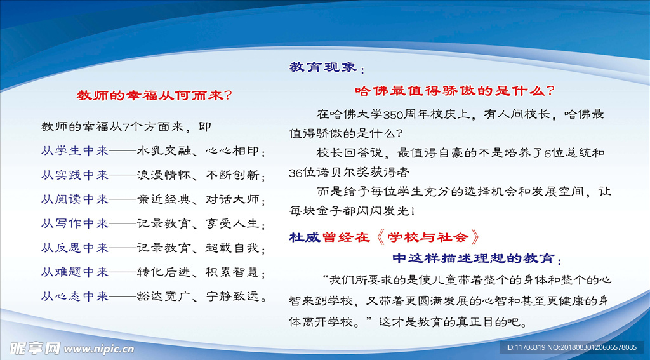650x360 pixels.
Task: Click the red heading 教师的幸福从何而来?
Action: point(154,96)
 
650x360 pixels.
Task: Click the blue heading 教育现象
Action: point(323,67)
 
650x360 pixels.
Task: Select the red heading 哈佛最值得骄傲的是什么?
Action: point(454,90)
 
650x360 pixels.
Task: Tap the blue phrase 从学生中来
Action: point(75,151)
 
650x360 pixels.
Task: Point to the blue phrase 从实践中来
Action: point(75,175)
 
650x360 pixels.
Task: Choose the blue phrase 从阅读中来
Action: point(75,199)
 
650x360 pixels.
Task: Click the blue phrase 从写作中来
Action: point(75,224)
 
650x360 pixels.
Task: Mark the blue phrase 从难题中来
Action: point(75,272)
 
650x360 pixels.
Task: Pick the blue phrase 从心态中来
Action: point(75,297)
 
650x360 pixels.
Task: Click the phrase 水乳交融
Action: point(164,151)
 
